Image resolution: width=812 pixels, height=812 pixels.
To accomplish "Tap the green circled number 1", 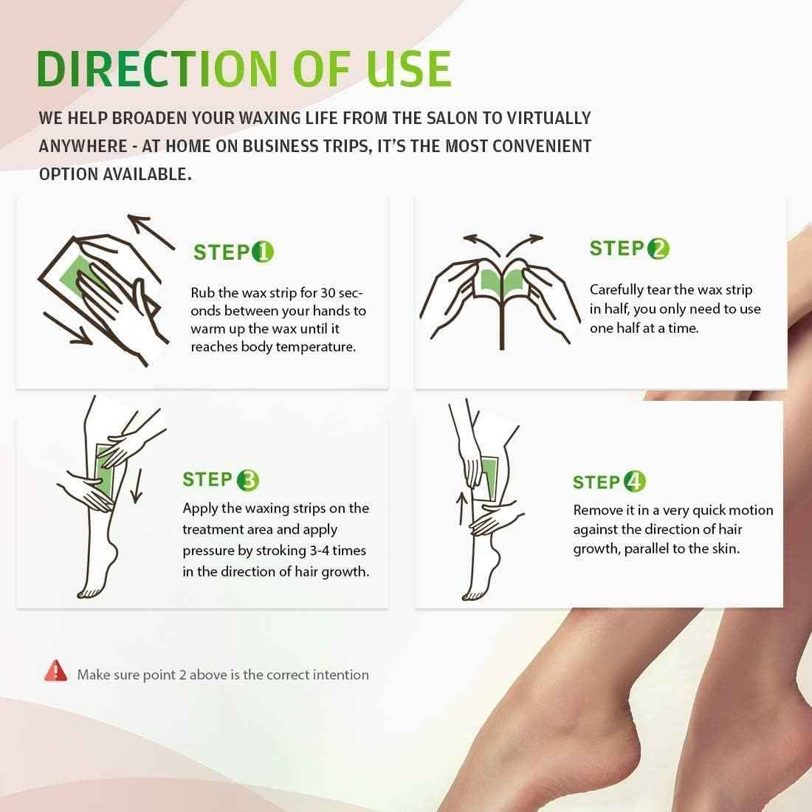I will pyautogui.click(x=263, y=252).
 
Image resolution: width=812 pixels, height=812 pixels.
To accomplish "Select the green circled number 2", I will pyautogui.click(x=658, y=249).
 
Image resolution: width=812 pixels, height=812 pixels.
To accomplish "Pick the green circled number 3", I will pyautogui.click(x=247, y=481).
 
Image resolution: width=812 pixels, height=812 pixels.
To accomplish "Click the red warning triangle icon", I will pyautogui.click(x=55, y=671).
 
